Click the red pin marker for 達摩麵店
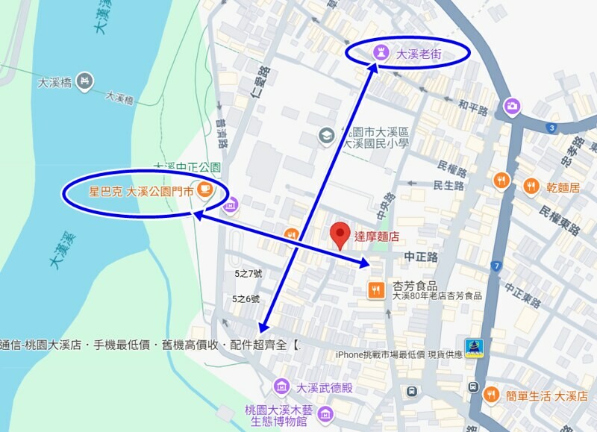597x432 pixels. click(340, 235)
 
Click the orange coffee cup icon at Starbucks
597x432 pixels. click(204, 191)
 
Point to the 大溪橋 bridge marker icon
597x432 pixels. click(84, 80)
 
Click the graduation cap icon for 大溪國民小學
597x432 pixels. click(326, 135)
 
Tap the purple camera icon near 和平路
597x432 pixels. click(512, 106)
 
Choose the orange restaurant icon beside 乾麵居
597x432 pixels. click(531, 186)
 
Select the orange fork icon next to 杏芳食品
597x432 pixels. click(376, 289)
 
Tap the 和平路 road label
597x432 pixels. click(473, 109)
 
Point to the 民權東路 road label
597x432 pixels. click(560, 221)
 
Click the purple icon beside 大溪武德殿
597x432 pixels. click(281, 386)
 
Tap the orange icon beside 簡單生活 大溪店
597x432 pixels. click(491, 395)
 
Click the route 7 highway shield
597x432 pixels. click(496, 266)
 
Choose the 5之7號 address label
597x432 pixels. click(248, 274)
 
